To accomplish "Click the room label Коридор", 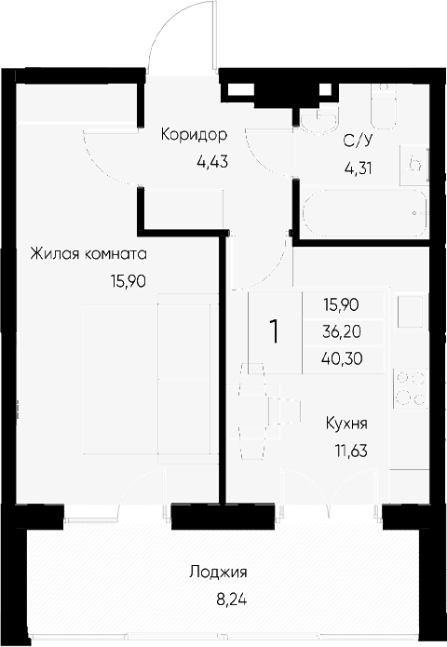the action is click(194, 135).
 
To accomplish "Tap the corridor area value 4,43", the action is click(212, 162).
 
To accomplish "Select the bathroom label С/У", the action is click(358, 142).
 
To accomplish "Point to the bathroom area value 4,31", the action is click(358, 168).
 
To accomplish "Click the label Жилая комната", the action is click(88, 254).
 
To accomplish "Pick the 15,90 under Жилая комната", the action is click(128, 281).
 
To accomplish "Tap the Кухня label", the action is click(346, 424).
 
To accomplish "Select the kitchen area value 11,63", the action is click(351, 451).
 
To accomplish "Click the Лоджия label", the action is click(218, 573).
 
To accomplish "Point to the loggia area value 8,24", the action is click(232, 600).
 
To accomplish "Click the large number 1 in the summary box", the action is click(274, 332).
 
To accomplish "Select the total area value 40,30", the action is click(342, 359).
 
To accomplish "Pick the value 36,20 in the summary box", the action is click(342, 331).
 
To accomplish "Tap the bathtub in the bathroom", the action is click(365, 214).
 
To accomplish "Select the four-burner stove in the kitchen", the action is click(410, 388).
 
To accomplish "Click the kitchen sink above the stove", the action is click(410, 312).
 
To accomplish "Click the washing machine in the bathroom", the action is click(414, 165).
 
